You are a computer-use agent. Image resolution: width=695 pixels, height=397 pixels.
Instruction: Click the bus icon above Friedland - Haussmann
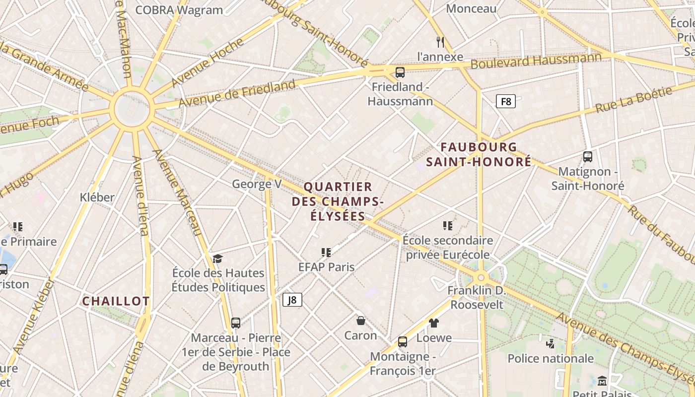[400, 72]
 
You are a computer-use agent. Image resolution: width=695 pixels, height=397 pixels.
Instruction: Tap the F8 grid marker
[505, 102]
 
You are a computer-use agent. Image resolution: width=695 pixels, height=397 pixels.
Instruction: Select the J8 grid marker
[292, 300]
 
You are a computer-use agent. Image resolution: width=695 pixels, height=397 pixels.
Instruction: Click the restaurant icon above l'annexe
[440, 41]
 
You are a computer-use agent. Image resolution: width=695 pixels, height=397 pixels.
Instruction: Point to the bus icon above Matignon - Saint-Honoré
[588, 157]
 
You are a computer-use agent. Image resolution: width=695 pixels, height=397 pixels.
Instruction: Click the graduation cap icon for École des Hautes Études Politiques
[217, 259]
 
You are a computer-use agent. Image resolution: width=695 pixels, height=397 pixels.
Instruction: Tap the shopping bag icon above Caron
[360, 321]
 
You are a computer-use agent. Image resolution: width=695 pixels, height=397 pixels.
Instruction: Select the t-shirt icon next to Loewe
[434, 323]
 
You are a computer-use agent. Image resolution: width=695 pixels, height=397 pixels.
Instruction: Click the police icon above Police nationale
[550, 343]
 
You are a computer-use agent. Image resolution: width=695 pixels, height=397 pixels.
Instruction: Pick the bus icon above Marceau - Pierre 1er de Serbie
[236, 323]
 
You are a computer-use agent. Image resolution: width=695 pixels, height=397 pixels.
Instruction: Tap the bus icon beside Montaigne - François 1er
[402, 342]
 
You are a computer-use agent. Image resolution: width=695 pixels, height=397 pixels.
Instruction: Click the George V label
[257, 184]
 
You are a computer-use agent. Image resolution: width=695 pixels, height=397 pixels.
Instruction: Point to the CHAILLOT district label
[116, 301]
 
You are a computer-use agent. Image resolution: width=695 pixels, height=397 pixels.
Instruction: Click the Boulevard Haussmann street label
[536, 62]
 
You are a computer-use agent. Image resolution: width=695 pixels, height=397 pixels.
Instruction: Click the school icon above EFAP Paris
[326, 253]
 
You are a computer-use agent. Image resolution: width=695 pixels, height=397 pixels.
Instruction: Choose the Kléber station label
[97, 197]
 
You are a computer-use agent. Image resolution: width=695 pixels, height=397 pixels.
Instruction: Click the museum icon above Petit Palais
[602, 381]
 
